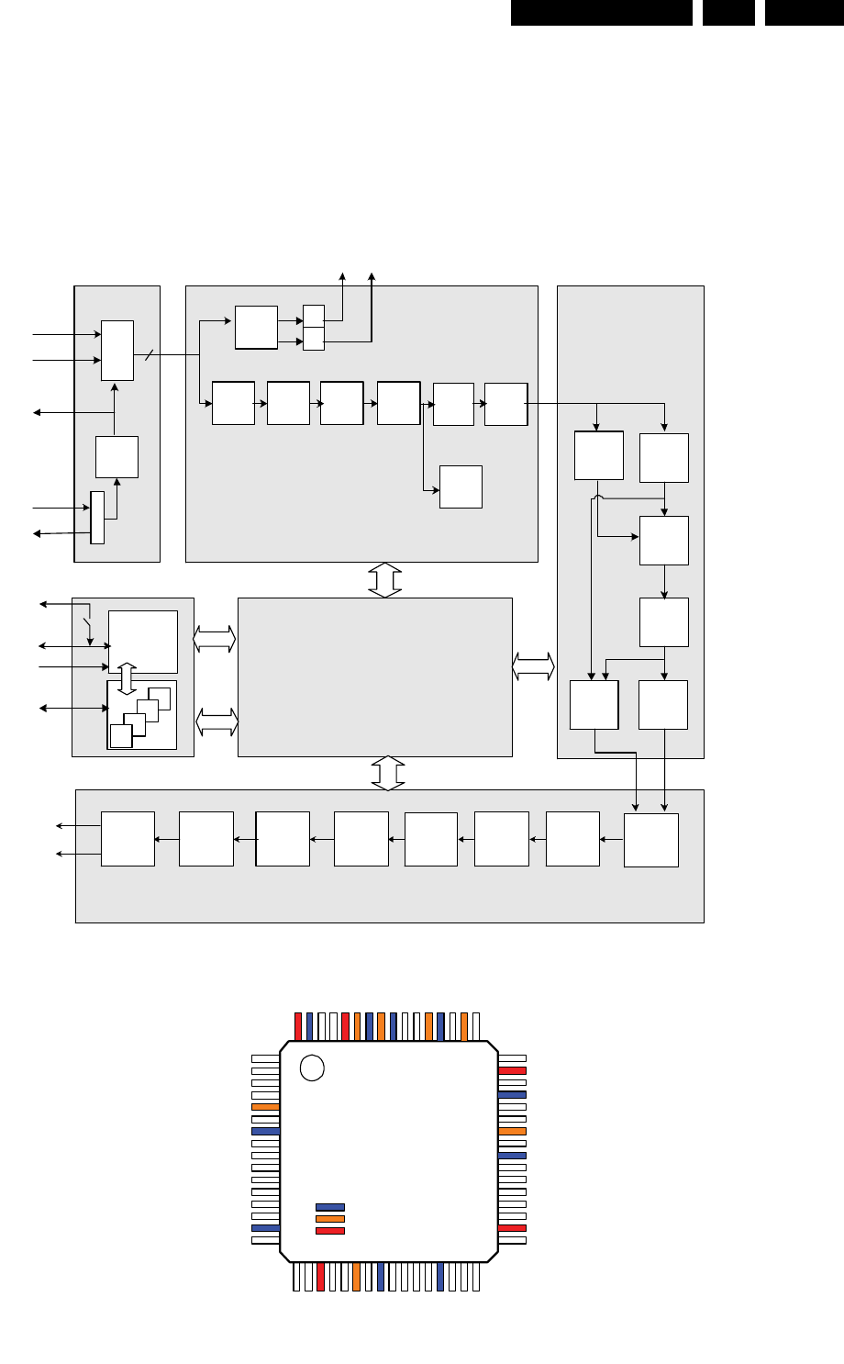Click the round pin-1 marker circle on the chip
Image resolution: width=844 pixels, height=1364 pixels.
(x=312, y=1068)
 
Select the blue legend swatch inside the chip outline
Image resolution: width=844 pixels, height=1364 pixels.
(x=330, y=1207)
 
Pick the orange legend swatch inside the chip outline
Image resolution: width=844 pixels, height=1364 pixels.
(x=330, y=1219)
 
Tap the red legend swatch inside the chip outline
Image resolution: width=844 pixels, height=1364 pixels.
(x=330, y=1231)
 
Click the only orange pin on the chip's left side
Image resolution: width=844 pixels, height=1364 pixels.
(x=265, y=1107)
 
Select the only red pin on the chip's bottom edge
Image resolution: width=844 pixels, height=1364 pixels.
(x=320, y=1278)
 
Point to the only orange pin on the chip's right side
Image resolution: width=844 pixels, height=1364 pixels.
(x=512, y=1131)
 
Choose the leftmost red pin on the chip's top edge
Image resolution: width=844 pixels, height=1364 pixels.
(x=298, y=1026)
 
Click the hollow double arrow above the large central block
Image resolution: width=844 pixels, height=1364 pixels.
(x=385, y=580)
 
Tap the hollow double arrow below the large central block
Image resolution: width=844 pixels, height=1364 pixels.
(x=388, y=773)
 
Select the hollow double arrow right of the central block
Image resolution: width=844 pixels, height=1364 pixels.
(x=534, y=666)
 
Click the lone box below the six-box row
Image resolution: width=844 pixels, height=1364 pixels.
(x=461, y=486)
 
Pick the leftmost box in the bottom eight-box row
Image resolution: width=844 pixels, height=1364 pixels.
(x=128, y=838)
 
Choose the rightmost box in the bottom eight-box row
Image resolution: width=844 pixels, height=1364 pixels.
(x=651, y=840)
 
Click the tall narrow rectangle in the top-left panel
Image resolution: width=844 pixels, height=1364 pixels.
(x=97, y=517)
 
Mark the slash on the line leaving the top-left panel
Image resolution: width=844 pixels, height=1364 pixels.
(x=148, y=354)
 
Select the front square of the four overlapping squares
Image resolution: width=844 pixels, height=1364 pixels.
(x=120, y=735)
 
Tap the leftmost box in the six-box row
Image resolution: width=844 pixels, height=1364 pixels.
(x=233, y=403)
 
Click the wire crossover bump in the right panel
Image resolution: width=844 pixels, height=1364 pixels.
(x=598, y=498)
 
